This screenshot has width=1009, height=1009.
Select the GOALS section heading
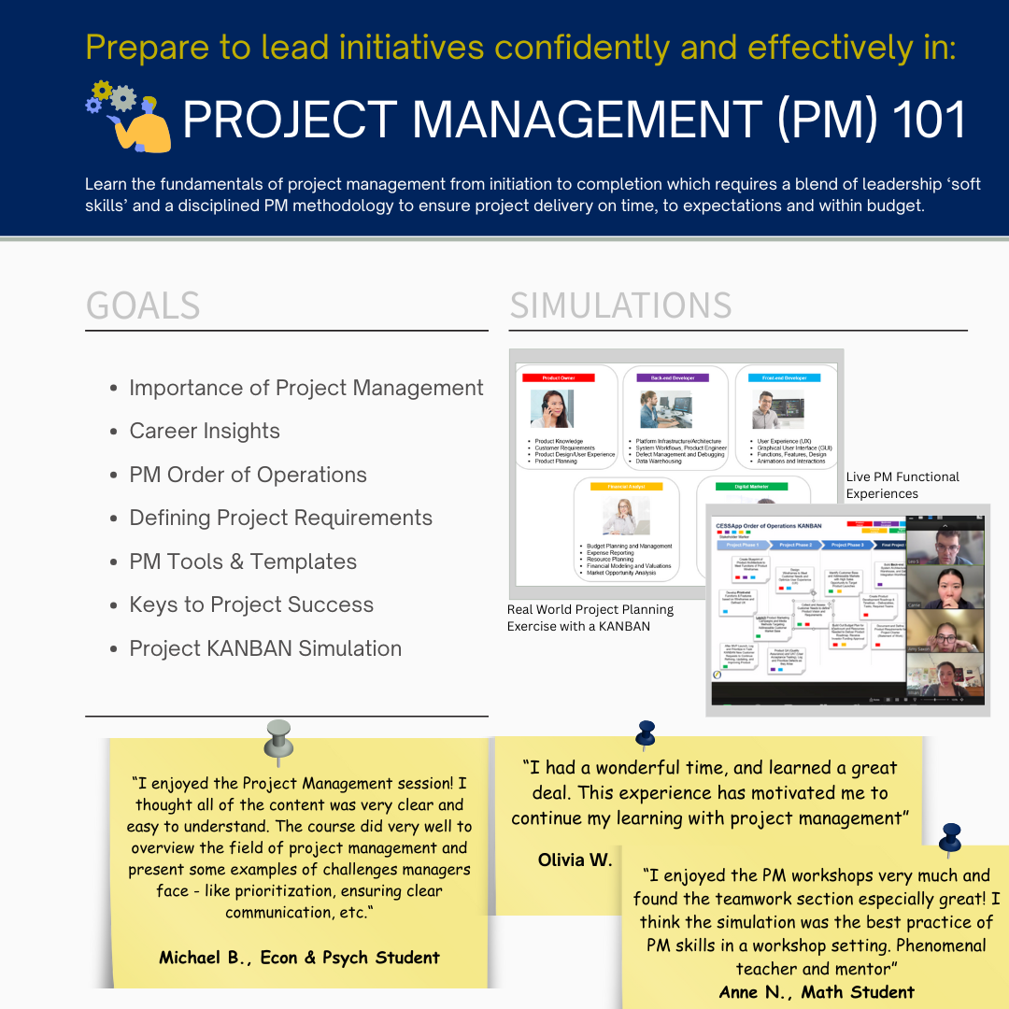click(x=143, y=306)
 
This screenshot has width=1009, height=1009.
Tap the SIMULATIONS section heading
click(x=620, y=306)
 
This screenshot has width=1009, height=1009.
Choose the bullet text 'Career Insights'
click(x=205, y=431)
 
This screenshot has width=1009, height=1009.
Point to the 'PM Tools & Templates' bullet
click(x=243, y=561)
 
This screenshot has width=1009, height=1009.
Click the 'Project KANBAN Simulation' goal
click(x=265, y=648)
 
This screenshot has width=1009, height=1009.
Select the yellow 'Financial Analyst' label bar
click(x=619, y=487)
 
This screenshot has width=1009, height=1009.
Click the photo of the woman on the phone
click(x=551, y=409)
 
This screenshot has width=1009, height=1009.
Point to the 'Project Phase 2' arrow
click(x=796, y=545)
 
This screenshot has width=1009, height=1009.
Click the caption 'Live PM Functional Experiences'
click(x=902, y=485)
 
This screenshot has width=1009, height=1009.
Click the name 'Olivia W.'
click(x=575, y=859)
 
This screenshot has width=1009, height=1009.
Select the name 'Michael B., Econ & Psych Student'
click(x=299, y=957)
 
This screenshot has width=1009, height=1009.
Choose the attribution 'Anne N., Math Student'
click(x=817, y=992)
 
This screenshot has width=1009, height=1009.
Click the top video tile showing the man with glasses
click(x=945, y=548)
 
